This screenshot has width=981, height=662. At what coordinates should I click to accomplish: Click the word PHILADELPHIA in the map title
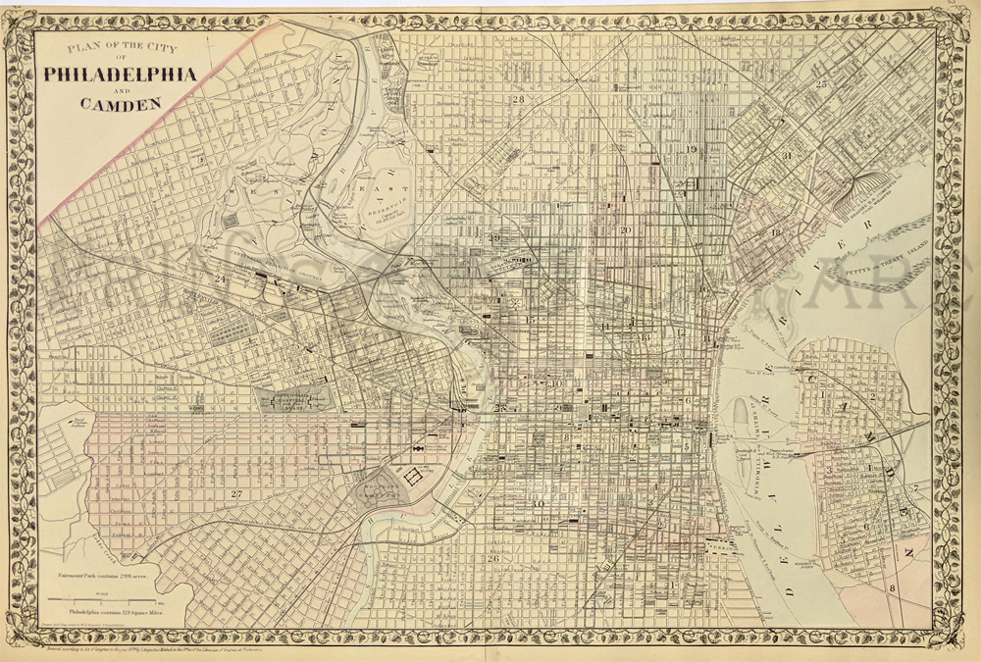point(119,76)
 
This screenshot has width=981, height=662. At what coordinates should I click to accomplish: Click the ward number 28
point(517,100)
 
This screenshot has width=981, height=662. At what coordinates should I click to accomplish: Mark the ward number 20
point(624,230)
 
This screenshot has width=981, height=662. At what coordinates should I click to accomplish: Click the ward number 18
point(776,232)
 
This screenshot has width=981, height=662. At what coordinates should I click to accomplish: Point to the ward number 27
point(234,493)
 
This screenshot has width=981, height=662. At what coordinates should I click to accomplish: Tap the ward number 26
point(493,559)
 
